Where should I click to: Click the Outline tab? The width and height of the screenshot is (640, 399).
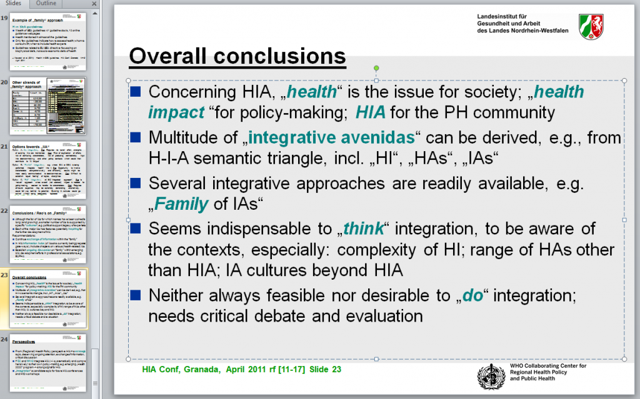tap(46, 3)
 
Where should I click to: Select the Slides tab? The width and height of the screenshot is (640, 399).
tap(14, 3)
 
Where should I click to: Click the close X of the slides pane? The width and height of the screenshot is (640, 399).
tap(95, 4)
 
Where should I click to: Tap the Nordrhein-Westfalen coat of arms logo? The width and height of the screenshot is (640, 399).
tap(591, 27)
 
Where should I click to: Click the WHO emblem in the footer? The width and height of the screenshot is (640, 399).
tap(491, 375)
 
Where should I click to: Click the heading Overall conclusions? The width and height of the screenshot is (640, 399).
tap(237, 56)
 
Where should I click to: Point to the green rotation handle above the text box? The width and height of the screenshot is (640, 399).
tap(376, 67)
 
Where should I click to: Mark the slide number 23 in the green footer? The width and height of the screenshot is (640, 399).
tap(336, 369)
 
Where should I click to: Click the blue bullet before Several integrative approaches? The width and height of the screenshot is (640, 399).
tap(135, 183)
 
